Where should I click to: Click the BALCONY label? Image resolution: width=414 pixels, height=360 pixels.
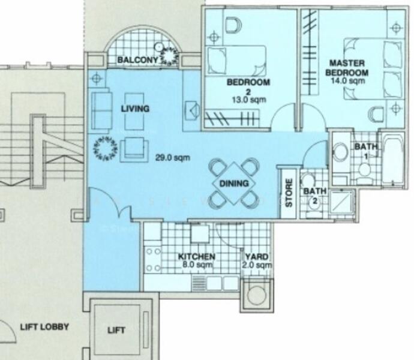(137, 60)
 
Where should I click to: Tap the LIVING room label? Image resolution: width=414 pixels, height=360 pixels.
(135, 109)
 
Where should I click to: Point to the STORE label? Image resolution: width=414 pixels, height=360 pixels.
(288, 193)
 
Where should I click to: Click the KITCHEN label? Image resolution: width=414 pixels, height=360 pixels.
(197, 257)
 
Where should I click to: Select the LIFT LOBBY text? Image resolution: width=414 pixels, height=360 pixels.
(44, 327)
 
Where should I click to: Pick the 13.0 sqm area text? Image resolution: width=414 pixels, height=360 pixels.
(248, 100)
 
